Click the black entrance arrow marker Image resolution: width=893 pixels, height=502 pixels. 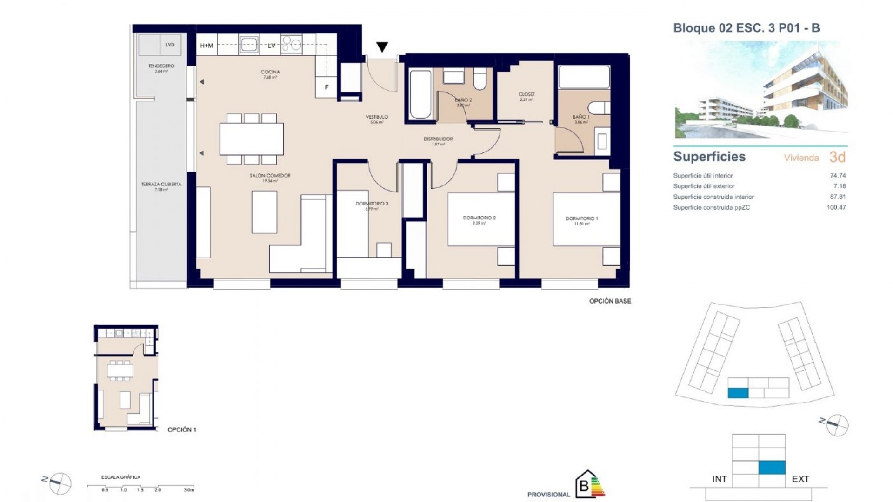(x=382, y=46)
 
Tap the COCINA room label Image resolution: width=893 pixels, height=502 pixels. (x=270, y=72)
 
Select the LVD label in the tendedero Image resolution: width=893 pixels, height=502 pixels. (x=170, y=45)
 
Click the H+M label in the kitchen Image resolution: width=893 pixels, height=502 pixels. (x=207, y=46)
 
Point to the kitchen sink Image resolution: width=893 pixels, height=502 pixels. (x=249, y=45)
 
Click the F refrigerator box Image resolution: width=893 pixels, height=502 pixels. (x=327, y=87)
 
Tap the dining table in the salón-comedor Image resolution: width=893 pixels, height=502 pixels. (x=251, y=139)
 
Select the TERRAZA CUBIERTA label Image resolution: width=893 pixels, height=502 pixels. (x=161, y=185)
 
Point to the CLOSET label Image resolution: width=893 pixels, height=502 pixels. (x=526, y=94)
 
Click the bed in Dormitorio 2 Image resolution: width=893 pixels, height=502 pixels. (x=481, y=219)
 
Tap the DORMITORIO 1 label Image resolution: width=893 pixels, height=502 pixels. (x=581, y=218)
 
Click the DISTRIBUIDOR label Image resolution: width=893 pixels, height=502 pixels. (x=438, y=139)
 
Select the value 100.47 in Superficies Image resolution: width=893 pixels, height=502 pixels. (x=836, y=207)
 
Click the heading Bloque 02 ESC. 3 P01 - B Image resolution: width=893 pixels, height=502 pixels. (x=746, y=28)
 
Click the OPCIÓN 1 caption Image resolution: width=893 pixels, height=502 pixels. (x=182, y=429)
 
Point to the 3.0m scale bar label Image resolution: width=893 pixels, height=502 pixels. (x=188, y=490)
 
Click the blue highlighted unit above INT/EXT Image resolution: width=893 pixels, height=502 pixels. (x=772, y=467)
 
